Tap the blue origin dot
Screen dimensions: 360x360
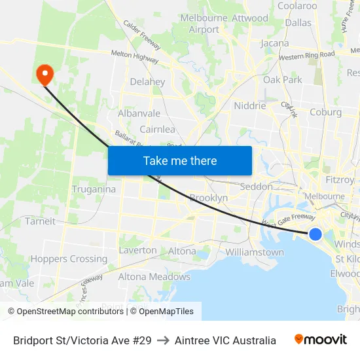[315, 234]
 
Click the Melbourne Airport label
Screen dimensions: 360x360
[204, 24]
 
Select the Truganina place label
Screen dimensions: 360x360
[94, 189]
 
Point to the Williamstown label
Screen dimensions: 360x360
[255, 252]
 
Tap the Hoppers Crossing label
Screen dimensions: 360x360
[69, 259]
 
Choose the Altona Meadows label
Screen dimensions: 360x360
[154, 277]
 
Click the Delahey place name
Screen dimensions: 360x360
[147, 82]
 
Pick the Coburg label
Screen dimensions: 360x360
[325, 112]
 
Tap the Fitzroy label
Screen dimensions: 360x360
[340, 179]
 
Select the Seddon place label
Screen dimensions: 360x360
[257, 187]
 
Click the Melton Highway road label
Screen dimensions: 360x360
[135, 57]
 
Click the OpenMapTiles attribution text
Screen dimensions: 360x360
[166, 312]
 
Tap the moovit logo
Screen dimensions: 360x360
[321, 340]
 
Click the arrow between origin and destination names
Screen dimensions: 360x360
[163, 340]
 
